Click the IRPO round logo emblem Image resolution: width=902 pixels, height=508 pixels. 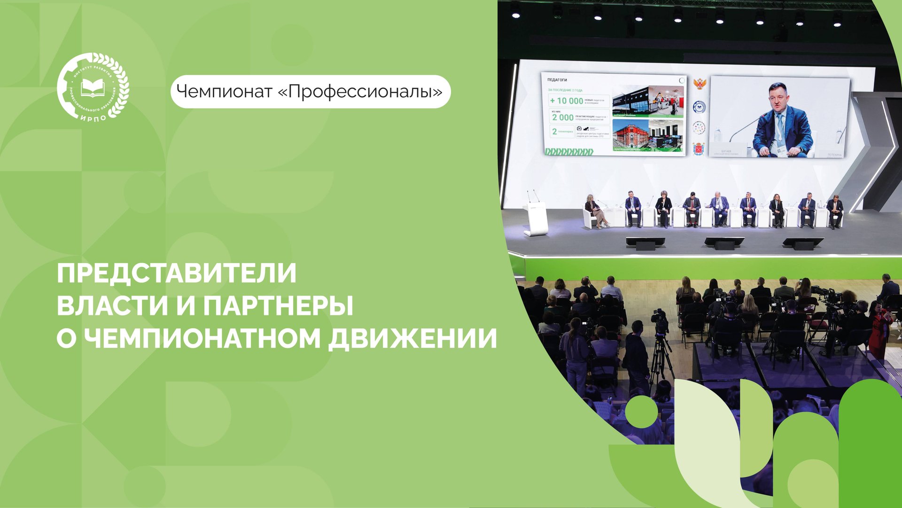[93, 87]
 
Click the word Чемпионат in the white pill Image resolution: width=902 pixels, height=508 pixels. [224, 91]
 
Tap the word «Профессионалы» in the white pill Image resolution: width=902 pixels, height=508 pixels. [360, 91]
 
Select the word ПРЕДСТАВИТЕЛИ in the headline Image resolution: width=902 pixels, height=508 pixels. [177, 273]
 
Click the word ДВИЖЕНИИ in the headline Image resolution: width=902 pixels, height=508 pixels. [412, 338]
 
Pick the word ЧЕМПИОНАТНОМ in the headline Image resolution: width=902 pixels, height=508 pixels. [204, 338]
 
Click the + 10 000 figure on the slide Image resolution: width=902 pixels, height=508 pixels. [566, 101]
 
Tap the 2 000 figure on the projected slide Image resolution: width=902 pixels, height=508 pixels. [562, 117]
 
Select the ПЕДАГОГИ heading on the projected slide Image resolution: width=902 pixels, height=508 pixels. [557, 80]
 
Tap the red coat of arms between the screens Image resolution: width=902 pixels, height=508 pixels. [698, 149]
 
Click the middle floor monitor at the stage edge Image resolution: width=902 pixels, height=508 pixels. [724, 242]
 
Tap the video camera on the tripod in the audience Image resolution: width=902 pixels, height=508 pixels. [660, 321]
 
